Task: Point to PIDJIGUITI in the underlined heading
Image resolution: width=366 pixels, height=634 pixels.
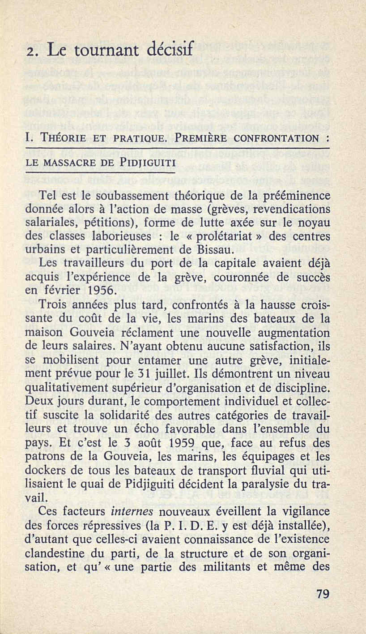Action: (148, 160)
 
